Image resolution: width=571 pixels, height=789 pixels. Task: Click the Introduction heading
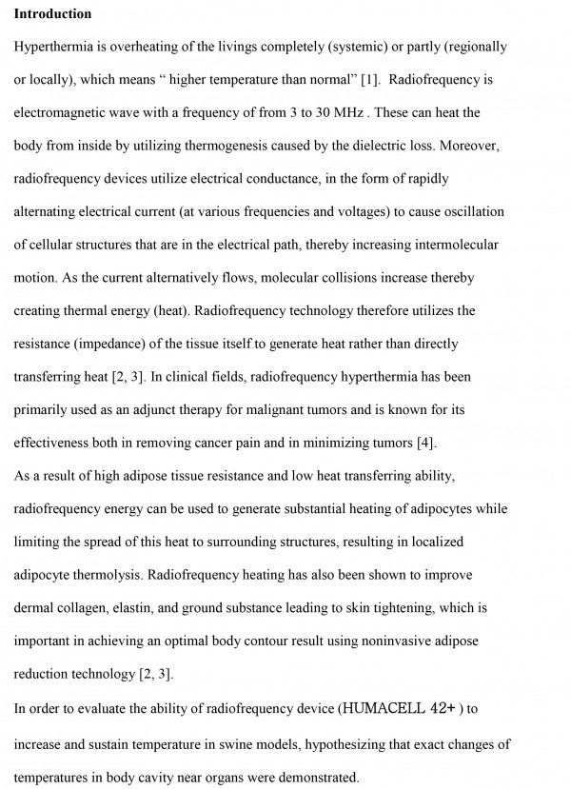pos(52,14)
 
